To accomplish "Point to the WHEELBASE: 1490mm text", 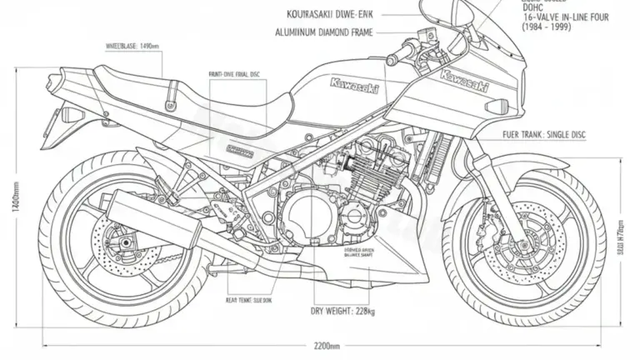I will tap(133, 46).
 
